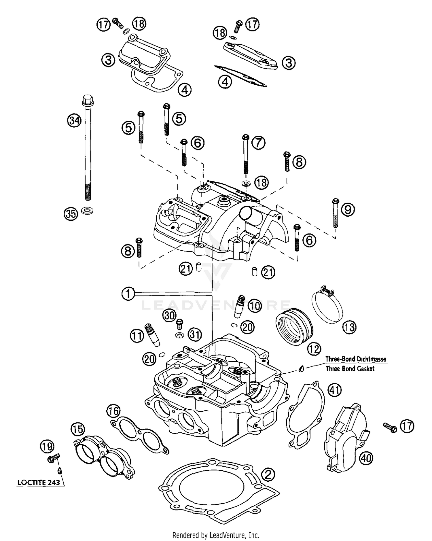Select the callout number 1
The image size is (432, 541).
pyautogui.click(x=128, y=294)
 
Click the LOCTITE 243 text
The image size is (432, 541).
pyautogui.click(x=39, y=482)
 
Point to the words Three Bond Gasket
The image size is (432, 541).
pyautogui.click(x=350, y=369)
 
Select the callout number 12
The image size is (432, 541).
pyautogui.click(x=314, y=349)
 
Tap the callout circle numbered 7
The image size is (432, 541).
pyautogui.click(x=258, y=143)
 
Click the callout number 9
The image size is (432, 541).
pyautogui.click(x=348, y=210)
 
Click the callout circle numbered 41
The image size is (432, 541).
pyautogui.click(x=335, y=390)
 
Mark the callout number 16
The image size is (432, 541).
pyautogui.click(x=113, y=411)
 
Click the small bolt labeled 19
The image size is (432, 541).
pyautogui.click(x=54, y=458)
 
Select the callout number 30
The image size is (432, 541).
pyautogui.click(x=169, y=315)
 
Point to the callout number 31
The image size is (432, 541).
pyautogui.click(x=195, y=334)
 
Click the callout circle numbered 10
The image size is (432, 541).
pyautogui.click(x=255, y=306)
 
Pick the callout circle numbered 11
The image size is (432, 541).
pyautogui.click(x=137, y=336)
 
